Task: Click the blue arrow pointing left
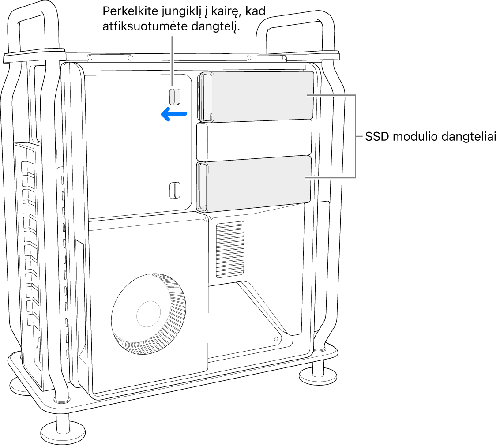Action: pos(174,114)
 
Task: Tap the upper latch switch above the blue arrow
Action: pos(174,97)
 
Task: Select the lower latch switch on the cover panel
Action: pos(174,190)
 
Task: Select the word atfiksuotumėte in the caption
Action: pos(145,26)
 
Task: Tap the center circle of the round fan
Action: pos(148,314)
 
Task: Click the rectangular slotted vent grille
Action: pos(230,249)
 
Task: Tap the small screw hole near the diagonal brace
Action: pos(276,339)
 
